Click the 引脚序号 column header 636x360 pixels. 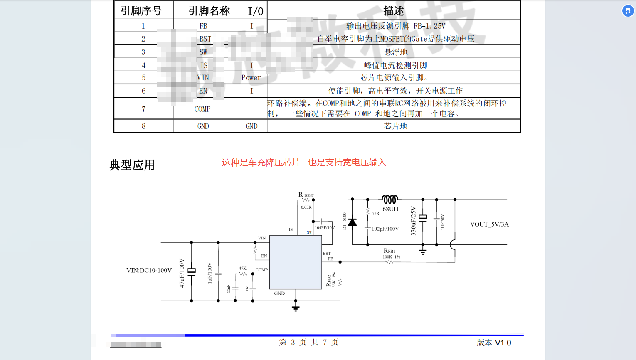141,11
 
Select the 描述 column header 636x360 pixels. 393,11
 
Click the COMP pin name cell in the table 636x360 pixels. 202,109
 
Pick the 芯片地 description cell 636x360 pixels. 395,126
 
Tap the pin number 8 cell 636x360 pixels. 143,126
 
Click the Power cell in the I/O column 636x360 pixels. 251,78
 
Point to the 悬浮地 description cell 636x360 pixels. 396,52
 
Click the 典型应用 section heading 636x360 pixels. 132,165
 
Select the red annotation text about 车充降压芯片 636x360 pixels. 304,163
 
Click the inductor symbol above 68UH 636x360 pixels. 390,199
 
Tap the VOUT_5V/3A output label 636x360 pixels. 489,224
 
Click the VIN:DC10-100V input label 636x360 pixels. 149,270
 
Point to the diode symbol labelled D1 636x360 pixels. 353,222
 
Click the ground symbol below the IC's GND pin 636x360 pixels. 296,308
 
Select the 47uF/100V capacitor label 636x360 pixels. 182,273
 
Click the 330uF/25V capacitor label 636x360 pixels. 413,221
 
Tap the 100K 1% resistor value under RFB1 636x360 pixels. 391,257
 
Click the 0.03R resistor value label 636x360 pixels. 306,207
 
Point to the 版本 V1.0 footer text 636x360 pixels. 494,343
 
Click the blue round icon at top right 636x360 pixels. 628,11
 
